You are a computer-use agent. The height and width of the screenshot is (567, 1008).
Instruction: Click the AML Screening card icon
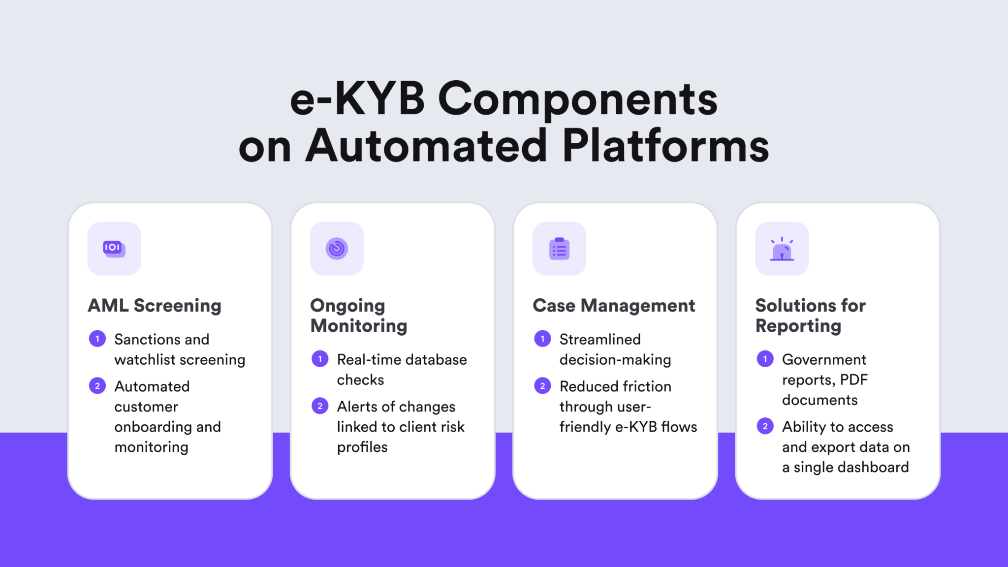114,249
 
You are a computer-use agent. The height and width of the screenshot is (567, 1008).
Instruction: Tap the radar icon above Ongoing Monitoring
337,249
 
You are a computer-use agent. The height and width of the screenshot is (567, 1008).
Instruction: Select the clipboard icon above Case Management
559,249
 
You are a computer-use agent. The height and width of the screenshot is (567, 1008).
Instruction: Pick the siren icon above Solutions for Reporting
782,249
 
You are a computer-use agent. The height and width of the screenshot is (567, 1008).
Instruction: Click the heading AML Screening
155,306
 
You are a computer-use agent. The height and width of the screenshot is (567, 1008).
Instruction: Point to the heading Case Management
614,306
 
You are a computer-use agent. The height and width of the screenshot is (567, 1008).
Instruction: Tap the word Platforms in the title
665,146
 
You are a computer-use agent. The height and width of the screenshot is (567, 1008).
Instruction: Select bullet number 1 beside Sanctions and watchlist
97,339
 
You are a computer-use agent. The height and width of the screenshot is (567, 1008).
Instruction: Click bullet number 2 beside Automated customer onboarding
97,386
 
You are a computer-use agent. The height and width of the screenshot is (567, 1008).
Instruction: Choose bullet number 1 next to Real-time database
320,359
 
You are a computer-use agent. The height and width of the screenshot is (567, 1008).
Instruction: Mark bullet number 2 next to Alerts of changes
320,406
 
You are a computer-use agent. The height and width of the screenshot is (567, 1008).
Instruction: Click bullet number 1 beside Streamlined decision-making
542,339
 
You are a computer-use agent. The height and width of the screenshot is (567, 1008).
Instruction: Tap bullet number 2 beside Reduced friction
542,386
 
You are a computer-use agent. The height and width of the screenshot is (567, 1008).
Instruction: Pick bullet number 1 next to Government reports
765,359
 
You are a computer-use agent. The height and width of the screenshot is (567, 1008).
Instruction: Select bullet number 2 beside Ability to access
765,426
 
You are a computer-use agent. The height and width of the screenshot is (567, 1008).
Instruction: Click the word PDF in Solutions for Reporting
853,379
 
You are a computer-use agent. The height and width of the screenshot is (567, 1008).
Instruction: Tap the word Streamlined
600,339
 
